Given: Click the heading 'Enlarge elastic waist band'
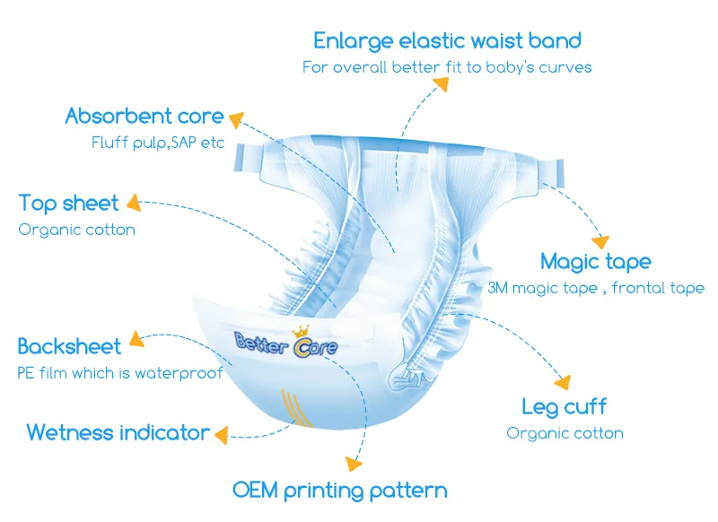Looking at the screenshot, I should point(447,40).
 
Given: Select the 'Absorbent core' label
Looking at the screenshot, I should point(144,116).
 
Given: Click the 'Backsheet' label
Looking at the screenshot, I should point(68,346).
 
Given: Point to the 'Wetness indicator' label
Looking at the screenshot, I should point(118,432).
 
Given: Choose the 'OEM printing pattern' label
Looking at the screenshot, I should point(339,490).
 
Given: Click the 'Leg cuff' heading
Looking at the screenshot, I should point(565,406).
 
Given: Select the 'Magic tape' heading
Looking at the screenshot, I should point(595,262).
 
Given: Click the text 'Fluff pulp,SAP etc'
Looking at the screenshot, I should point(158,144).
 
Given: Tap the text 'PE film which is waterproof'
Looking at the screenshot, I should point(120,373).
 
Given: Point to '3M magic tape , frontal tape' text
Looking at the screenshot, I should point(596,288).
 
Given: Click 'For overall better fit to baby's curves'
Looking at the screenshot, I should point(447,67).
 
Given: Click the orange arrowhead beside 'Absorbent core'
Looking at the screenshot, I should point(238,117).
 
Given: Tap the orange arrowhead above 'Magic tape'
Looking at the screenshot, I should point(599,239).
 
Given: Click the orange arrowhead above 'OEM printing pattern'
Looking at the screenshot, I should point(354,464).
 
